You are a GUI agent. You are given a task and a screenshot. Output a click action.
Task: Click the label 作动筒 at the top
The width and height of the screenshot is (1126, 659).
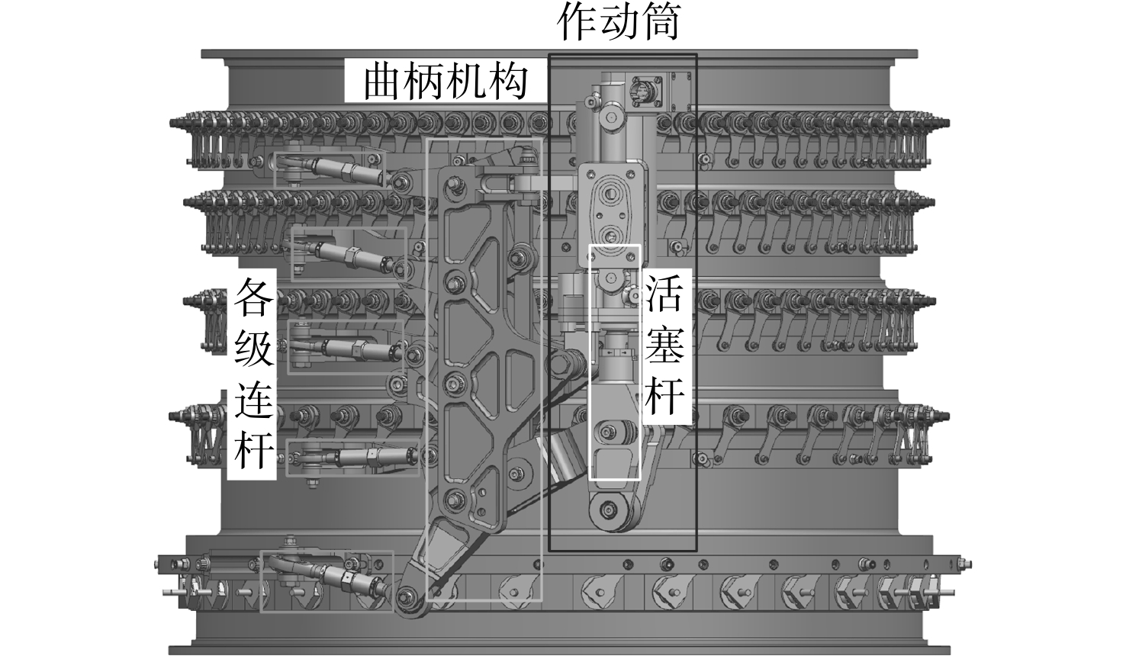(618, 23)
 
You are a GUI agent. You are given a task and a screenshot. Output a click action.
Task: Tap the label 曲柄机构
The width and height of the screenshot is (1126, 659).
(446, 82)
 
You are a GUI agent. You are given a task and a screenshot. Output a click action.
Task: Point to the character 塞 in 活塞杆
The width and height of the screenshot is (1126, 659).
(664, 347)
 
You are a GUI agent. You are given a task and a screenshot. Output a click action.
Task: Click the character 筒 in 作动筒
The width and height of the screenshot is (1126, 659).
(660, 23)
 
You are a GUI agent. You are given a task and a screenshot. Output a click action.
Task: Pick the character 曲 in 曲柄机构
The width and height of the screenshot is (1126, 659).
(383, 82)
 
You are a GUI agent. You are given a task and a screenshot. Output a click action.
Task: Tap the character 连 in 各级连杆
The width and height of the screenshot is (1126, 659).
(254, 400)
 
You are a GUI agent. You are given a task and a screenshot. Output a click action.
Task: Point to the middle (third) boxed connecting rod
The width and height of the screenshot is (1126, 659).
(347, 346)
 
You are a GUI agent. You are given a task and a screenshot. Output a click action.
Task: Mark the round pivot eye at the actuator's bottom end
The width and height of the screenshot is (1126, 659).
(609, 510)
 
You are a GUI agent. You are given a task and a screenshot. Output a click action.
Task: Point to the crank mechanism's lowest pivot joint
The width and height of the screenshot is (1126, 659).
(405, 598)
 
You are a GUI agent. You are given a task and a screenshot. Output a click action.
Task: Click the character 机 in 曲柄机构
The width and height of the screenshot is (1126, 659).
(466, 82)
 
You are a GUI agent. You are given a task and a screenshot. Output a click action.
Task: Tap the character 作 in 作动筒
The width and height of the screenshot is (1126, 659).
(577, 23)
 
